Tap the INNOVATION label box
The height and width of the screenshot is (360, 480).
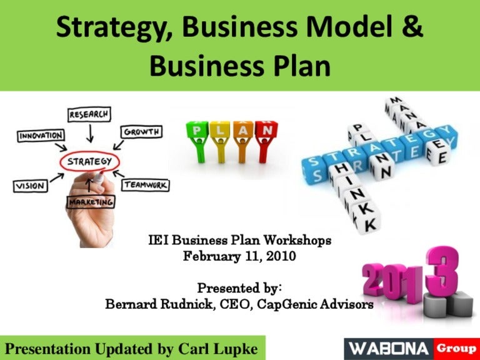[x=41, y=135]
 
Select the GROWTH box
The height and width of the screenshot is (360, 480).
[x=142, y=132]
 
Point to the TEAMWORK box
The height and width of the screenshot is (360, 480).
[x=145, y=185]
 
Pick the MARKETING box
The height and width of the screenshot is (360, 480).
[x=91, y=202]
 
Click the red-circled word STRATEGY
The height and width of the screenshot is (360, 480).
[x=89, y=162]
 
